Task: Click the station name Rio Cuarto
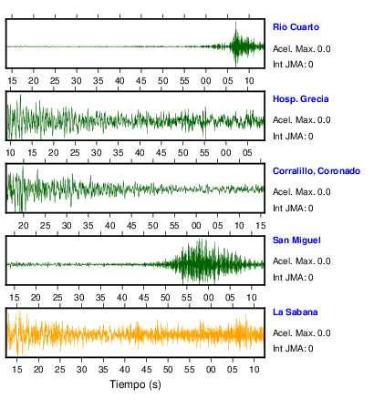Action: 296,27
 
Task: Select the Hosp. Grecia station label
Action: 300,99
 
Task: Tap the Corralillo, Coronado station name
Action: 317,171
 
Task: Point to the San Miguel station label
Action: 296,240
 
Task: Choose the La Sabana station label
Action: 295,312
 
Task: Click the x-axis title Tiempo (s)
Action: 135,384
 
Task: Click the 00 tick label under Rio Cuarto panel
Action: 206,81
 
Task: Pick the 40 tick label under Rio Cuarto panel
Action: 119,81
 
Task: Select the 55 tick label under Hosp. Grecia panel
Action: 204,153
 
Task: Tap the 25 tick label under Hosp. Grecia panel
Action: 75,153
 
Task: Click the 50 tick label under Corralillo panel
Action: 152,226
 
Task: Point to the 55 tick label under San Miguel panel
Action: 187,298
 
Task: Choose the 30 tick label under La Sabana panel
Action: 81,370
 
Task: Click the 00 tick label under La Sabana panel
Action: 211,370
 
